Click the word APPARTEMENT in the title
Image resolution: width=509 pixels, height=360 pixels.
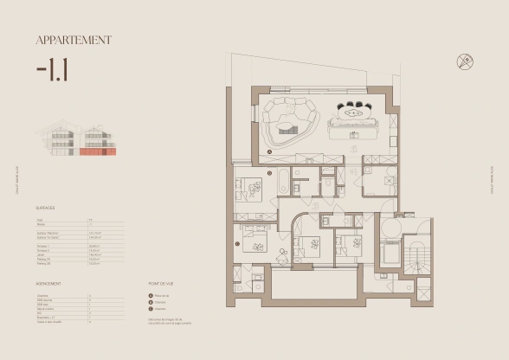[x=74, y=40]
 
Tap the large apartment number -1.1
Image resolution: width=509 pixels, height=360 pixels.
[x=55, y=69]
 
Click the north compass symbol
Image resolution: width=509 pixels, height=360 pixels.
[x=465, y=61]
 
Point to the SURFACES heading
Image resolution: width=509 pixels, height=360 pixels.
[x=46, y=209]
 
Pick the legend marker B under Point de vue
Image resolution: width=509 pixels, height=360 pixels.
[x=152, y=302]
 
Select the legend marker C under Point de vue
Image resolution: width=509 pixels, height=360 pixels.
[x=152, y=308]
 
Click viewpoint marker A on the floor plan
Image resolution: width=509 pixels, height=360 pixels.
[x=270, y=150]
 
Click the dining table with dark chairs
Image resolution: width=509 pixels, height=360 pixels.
[x=353, y=110]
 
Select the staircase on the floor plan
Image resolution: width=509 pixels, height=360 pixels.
[x=422, y=256]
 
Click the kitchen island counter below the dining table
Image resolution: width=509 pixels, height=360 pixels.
[x=356, y=128]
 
